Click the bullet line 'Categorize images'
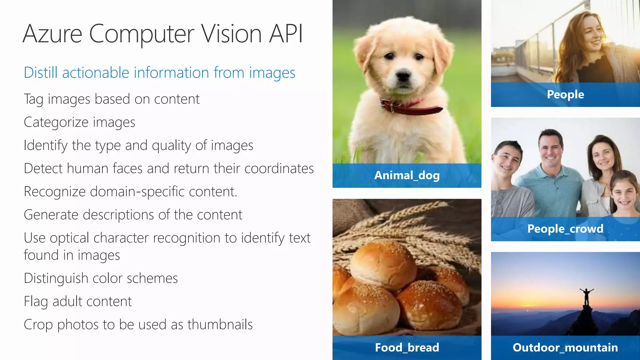tap(79, 122)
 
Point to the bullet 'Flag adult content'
tap(78, 302)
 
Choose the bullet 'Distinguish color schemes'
tap(101, 278)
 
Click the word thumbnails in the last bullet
tap(220, 324)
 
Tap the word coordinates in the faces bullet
tap(279, 168)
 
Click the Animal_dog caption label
tap(407, 175)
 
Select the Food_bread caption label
tap(407, 347)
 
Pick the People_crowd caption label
tap(565, 229)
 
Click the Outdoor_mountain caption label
tap(565, 347)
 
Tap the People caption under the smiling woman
tap(565, 94)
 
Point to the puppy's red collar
tap(412, 108)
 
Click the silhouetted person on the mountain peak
tap(587, 297)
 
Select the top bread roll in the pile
tap(383, 264)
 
